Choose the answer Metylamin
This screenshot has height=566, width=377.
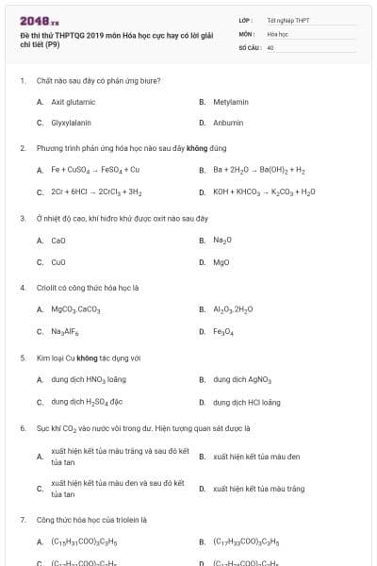click(x=230, y=101)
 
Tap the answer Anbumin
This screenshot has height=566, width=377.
click(x=228, y=123)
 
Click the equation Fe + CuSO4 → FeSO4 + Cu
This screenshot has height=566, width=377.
click(x=95, y=170)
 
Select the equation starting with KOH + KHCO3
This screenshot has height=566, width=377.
click(x=264, y=191)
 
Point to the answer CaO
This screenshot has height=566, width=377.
click(x=58, y=240)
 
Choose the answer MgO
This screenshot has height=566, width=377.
click(x=221, y=262)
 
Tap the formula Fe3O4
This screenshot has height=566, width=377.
click(x=222, y=331)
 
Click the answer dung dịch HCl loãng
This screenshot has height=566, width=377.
click(x=246, y=402)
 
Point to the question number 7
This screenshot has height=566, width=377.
click(x=22, y=519)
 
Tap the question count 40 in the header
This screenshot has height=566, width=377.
click(x=270, y=46)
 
